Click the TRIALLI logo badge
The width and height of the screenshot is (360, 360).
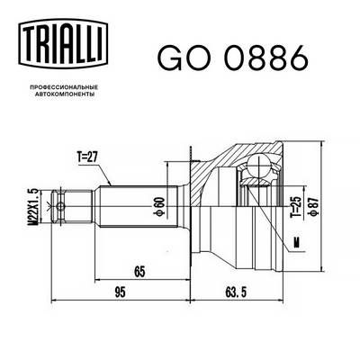coord(63,42)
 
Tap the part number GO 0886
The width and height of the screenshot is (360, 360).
coord(233,58)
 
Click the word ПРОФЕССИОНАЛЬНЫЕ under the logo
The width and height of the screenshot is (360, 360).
coord(63,87)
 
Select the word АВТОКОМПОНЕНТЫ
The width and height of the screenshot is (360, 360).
coord(63,94)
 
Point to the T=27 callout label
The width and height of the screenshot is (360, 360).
coord(87,157)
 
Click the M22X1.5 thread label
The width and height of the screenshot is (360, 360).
coord(32,206)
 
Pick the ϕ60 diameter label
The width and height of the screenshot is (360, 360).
coord(159,206)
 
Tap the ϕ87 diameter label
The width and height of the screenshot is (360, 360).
coord(314,206)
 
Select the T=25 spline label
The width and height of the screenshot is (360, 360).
coord(295,207)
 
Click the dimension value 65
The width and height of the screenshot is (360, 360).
coord(139,272)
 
